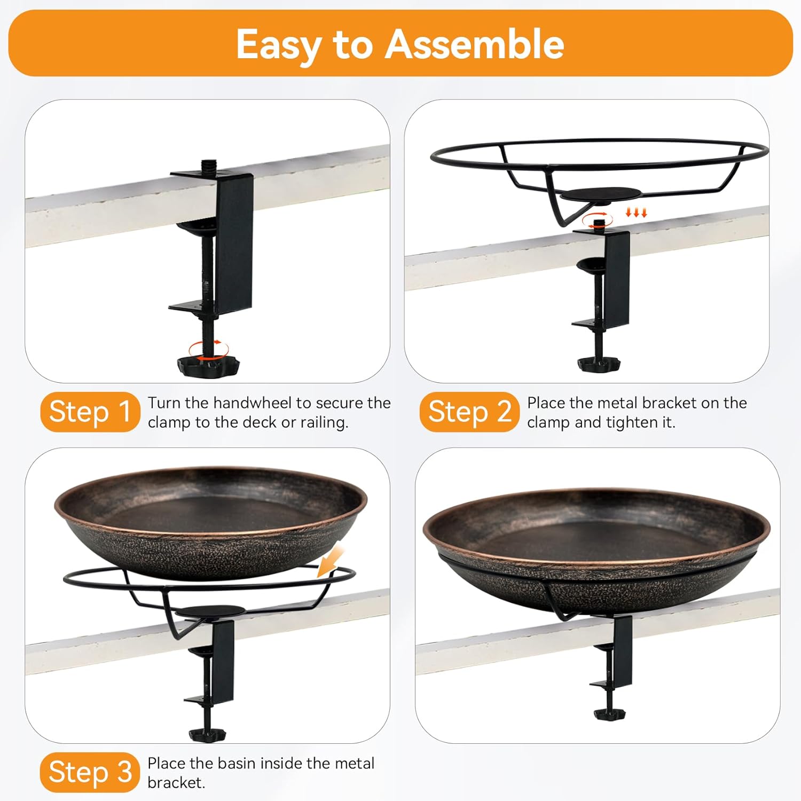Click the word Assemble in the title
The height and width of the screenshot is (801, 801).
(474, 44)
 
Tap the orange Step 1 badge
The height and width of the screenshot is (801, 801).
(90, 412)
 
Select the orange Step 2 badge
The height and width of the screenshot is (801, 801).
(469, 412)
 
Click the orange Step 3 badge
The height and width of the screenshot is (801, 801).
(90, 772)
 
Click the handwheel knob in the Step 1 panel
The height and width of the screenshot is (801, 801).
(208, 365)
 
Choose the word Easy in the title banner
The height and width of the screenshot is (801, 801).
(278, 45)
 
